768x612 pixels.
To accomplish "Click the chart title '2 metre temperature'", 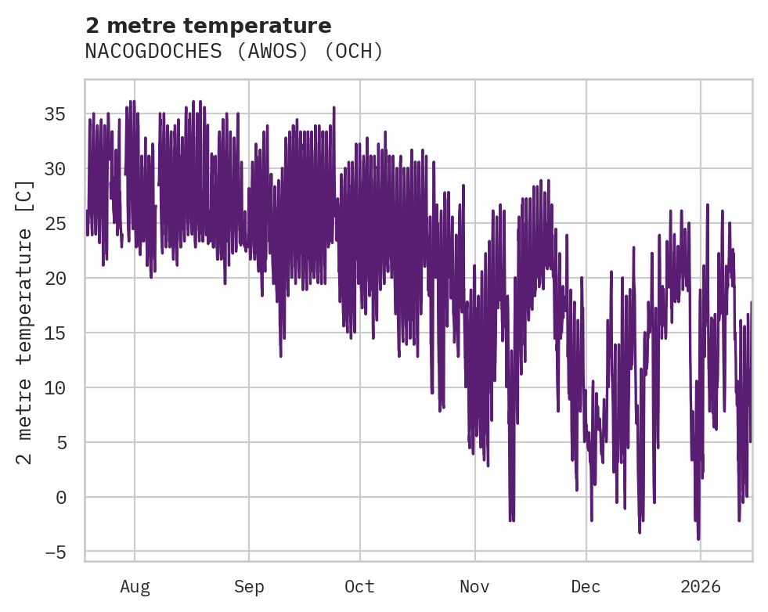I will (208, 26).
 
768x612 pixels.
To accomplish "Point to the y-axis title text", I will (25, 322).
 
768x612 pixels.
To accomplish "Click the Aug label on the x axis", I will (135, 586).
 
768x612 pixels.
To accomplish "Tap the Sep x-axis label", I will (249, 586).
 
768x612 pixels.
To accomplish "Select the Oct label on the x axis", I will (359, 586).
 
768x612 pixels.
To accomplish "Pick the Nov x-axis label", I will (474, 586).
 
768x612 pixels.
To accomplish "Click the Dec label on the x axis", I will (586, 586).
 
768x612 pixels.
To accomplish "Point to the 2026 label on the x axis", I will (700, 586).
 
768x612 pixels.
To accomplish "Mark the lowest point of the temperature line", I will (698, 538).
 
